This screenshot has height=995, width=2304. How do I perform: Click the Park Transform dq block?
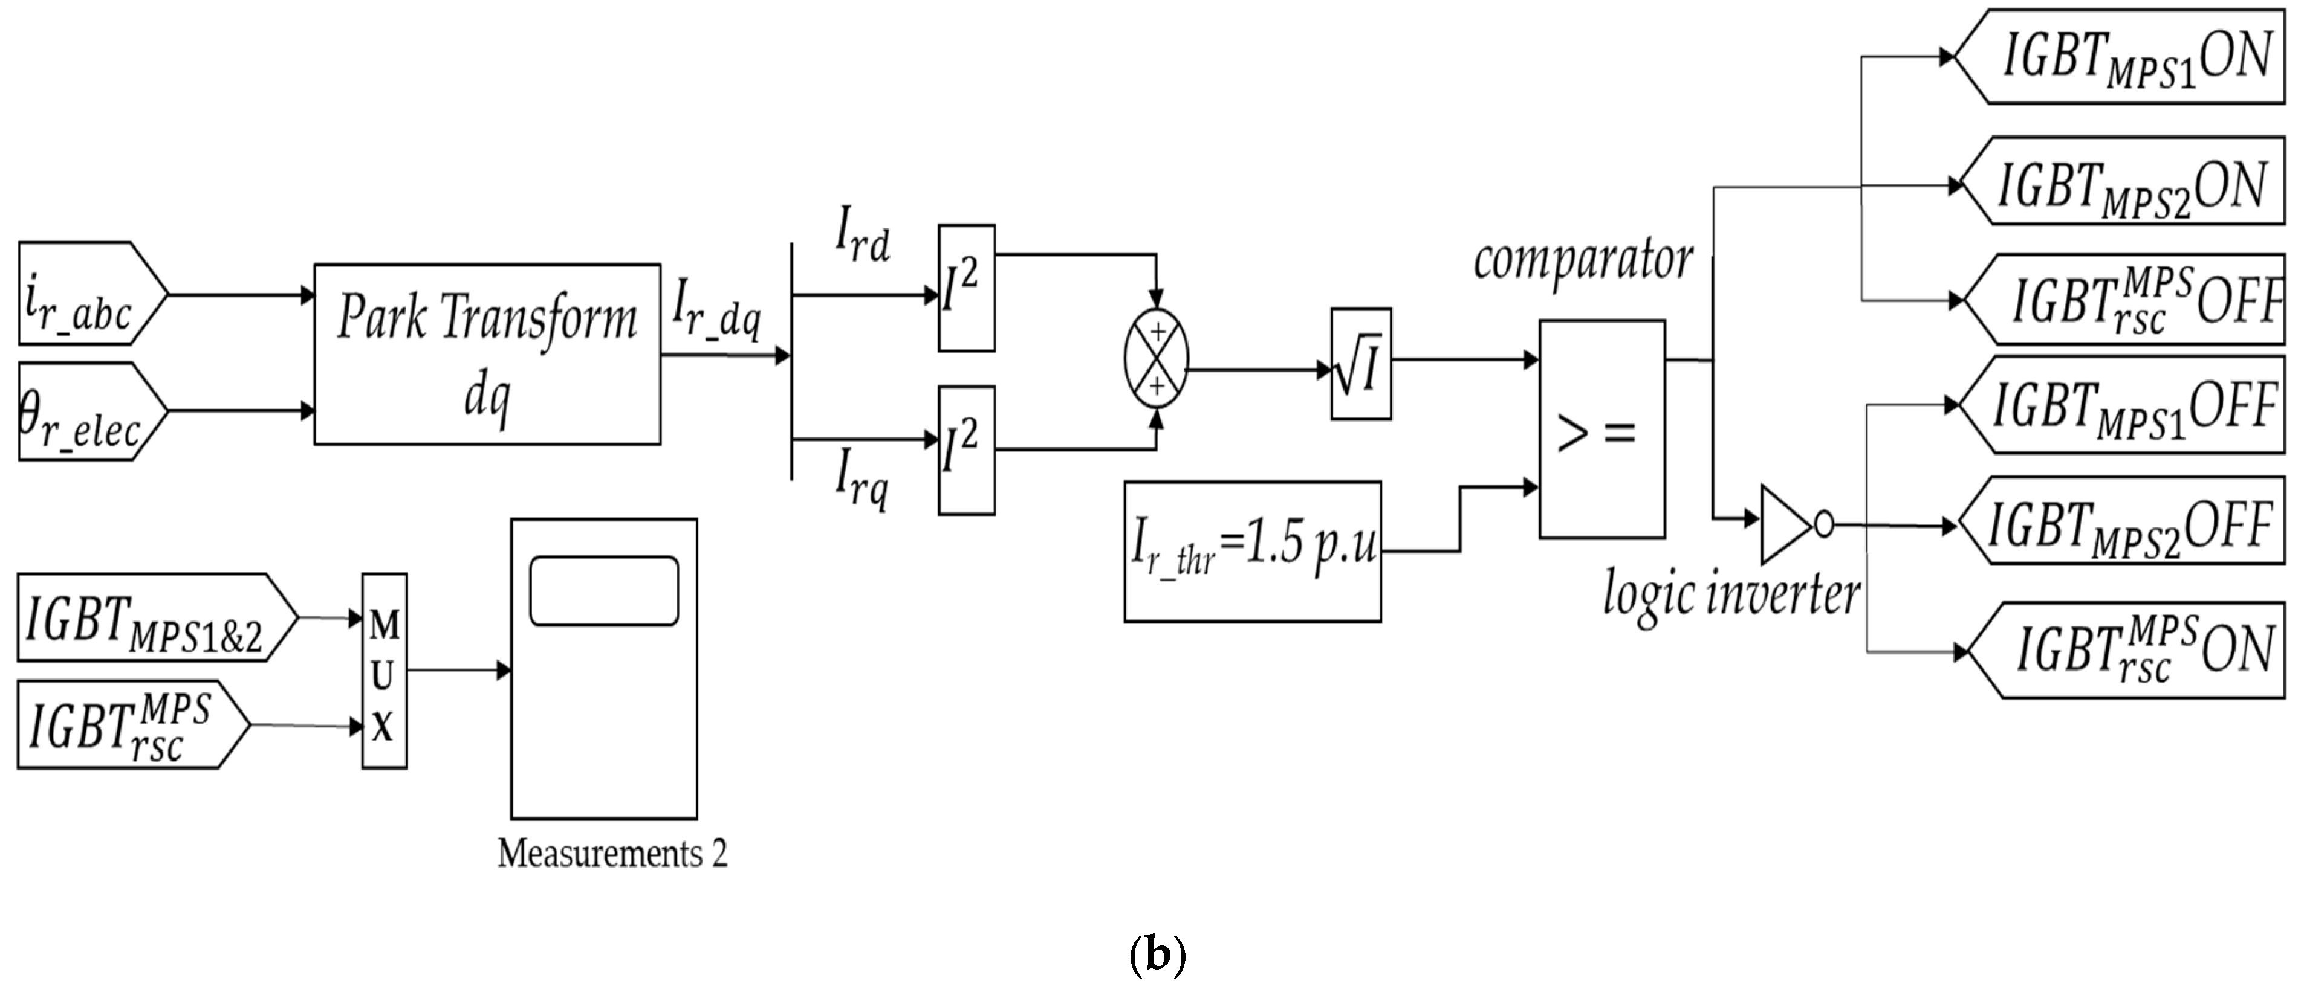click(x=487, y=354)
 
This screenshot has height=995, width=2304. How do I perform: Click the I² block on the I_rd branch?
click(x=966, y=288)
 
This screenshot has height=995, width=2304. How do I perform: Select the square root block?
click(x=1360, y=364)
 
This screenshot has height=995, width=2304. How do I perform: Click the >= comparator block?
click(x=1601, y=429)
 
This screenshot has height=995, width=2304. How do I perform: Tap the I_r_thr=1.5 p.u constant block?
click(x=1252, y=552)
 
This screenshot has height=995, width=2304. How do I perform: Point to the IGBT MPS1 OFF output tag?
click(x=2124, y=405)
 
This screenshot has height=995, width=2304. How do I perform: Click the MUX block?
click(x=384, y=671)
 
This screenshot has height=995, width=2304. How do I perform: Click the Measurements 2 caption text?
click(x=612, y=854)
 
